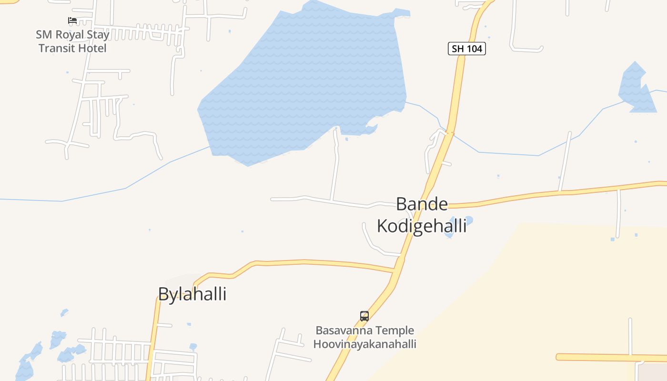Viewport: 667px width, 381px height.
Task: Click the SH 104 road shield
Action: (x=466, y=49)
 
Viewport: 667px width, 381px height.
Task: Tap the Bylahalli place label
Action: (x=192, y=294)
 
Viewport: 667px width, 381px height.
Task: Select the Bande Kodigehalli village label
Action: (x=422, y=215)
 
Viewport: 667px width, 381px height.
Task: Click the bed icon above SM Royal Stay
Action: (x=72, y=20)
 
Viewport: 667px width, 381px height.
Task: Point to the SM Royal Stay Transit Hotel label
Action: (x=72, y=41)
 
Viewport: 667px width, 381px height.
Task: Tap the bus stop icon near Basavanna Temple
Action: (x=364, y=316)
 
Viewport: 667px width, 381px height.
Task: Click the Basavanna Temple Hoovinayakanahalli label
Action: (x=365, y=337)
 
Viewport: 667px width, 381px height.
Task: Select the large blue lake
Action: (x=305, y=81)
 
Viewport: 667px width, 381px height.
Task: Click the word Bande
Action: (x=422, y=204)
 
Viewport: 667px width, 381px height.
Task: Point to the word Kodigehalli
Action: (x=422, y=226)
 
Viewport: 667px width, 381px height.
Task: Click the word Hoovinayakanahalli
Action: (x=365, y=344)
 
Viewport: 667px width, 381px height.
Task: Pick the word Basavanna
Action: (x=344, y=331)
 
